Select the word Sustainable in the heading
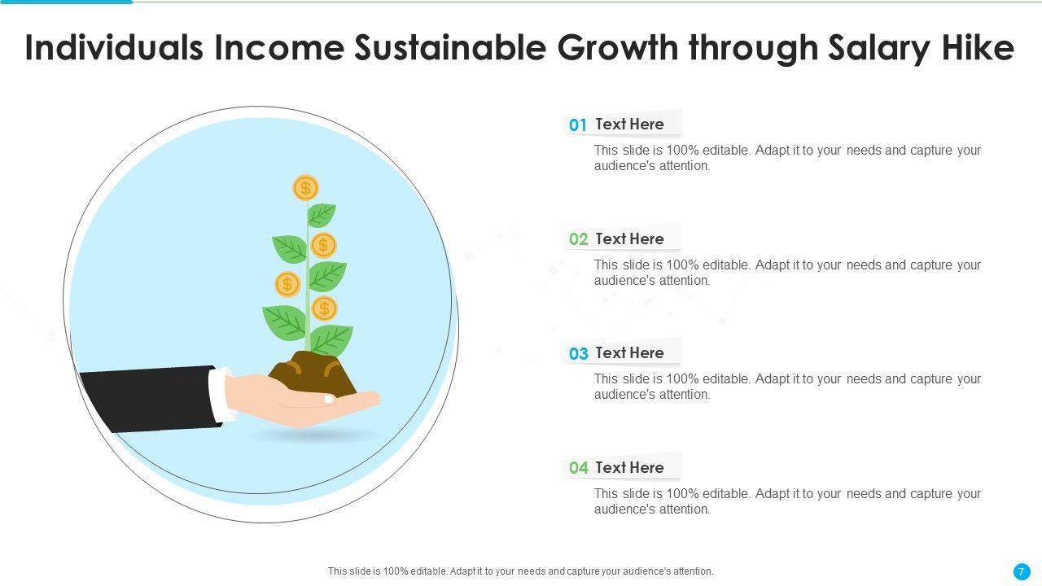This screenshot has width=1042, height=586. pyautogui.click(x=450, y=47)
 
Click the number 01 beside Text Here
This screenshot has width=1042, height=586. pyautogui.click(x=578, y=125)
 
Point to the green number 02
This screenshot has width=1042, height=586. pyautogui.click(x=578, y=239)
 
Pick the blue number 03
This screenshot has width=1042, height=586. pyautogui.click(x=578, y=353)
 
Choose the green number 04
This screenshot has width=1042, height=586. pyautogui.click(x=578, y=467)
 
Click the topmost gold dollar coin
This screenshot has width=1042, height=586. pyautogui.click(x=305, y=188)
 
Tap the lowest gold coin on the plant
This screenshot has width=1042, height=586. pyautogui.click(x=324, y=308)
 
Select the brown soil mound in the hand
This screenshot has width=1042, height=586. pyautogui.click(x=313, y=375)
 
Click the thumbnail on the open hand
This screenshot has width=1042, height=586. pyautogui.click(x=328, y=399)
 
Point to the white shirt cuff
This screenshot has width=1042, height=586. pyautogui.click(x=221, y=396)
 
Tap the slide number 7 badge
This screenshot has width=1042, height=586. pyautogui.click(x=1022, y=571)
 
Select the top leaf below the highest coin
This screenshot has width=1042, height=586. pyautogui.click(x=321, y=215)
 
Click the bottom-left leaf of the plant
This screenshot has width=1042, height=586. pyautogui.click(x=285, y=322)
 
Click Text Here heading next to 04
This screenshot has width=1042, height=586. pyautogui.click(x=629, y=467)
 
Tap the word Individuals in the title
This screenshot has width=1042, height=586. pyautogui.click(x=115, y=47)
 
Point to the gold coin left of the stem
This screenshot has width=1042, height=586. pyautogui.click(x=287, y=284)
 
